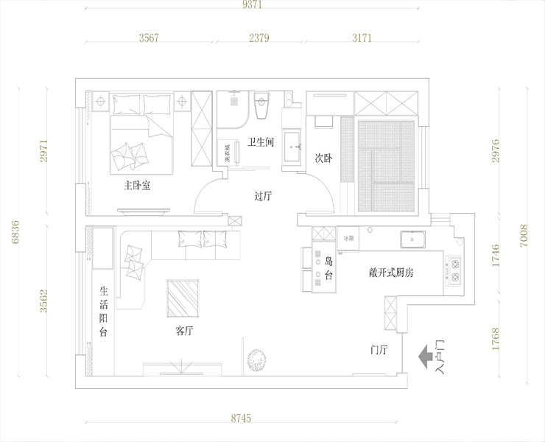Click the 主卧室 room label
(x=137, y=186)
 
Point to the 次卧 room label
(x=323, y=157)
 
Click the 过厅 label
(x=263, y=196)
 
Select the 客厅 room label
(x=184, y=331)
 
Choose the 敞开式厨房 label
(x=391, y=273)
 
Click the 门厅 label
(x=379, y=350)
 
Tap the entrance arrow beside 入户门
(x=426, y=358)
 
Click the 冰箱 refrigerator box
(x=348, y=238)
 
